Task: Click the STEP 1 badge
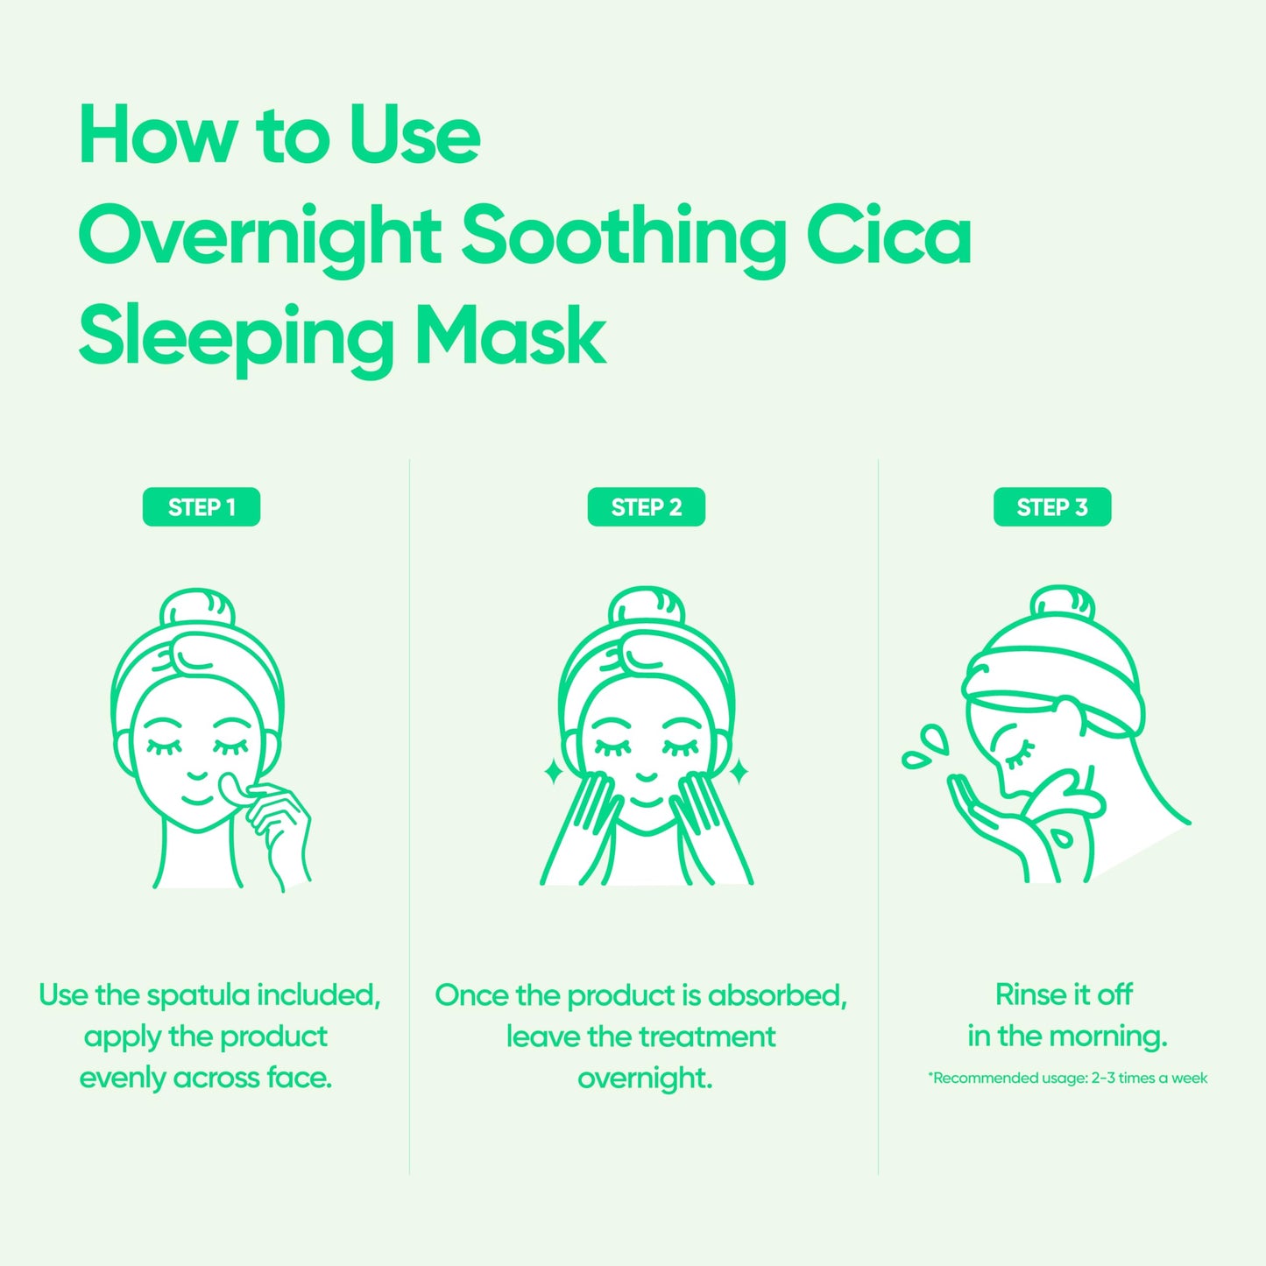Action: coord(202,507)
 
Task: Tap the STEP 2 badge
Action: coord(646,507)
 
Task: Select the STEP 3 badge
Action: coord(1051,507)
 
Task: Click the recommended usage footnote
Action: coord(1067,1079)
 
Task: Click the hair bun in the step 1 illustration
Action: coord(198,610)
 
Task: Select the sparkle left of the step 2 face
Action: coord(553,772)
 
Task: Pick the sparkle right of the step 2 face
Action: coord(739,772)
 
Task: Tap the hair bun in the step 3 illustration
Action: coord(1062,605)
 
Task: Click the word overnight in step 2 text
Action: coord(645,1079)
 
